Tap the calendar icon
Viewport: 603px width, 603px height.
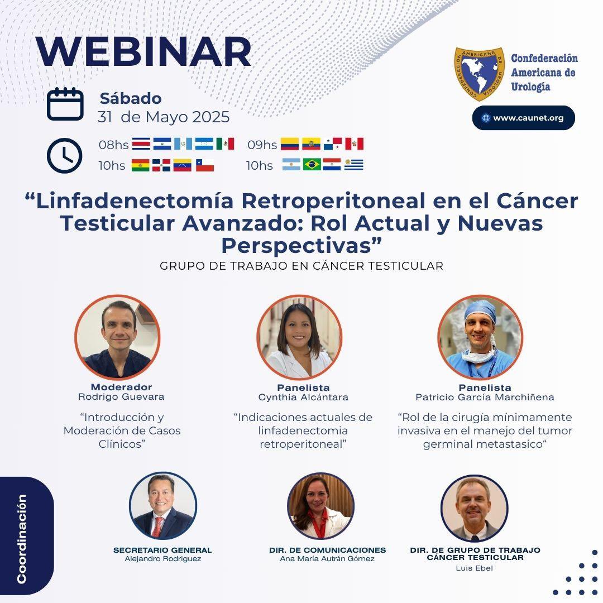click(x=65, y=104)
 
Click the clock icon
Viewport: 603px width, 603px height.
click(x=65, y=155)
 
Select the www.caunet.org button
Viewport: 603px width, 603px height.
click(x=523, y=118)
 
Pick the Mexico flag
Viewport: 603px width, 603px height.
click(x=225, y=144)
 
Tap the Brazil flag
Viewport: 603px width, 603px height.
click(x=312, y=165)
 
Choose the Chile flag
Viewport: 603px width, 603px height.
click(x=204, y=165)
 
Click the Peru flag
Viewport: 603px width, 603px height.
click(x=354, y=144)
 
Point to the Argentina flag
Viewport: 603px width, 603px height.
click(x=291, y=165)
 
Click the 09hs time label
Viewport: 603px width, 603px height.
click(x=262, y=145)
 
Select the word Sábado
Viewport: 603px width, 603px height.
click(x=131, y=99)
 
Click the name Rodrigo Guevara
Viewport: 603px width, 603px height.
click(x=121, y=397)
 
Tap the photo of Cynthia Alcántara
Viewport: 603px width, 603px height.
click(x=299, y=337)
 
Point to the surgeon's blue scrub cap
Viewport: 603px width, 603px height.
click(x=480, y=310)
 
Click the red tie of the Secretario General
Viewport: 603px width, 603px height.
click(x=159, y=525)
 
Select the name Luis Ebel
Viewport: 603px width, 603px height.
click(x=475, y=568)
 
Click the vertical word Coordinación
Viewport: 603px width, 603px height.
click(x=22, y=539)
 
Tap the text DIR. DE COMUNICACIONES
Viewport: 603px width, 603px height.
click(x=327, y=550)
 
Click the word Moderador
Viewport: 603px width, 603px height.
click(x=121, y=387)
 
